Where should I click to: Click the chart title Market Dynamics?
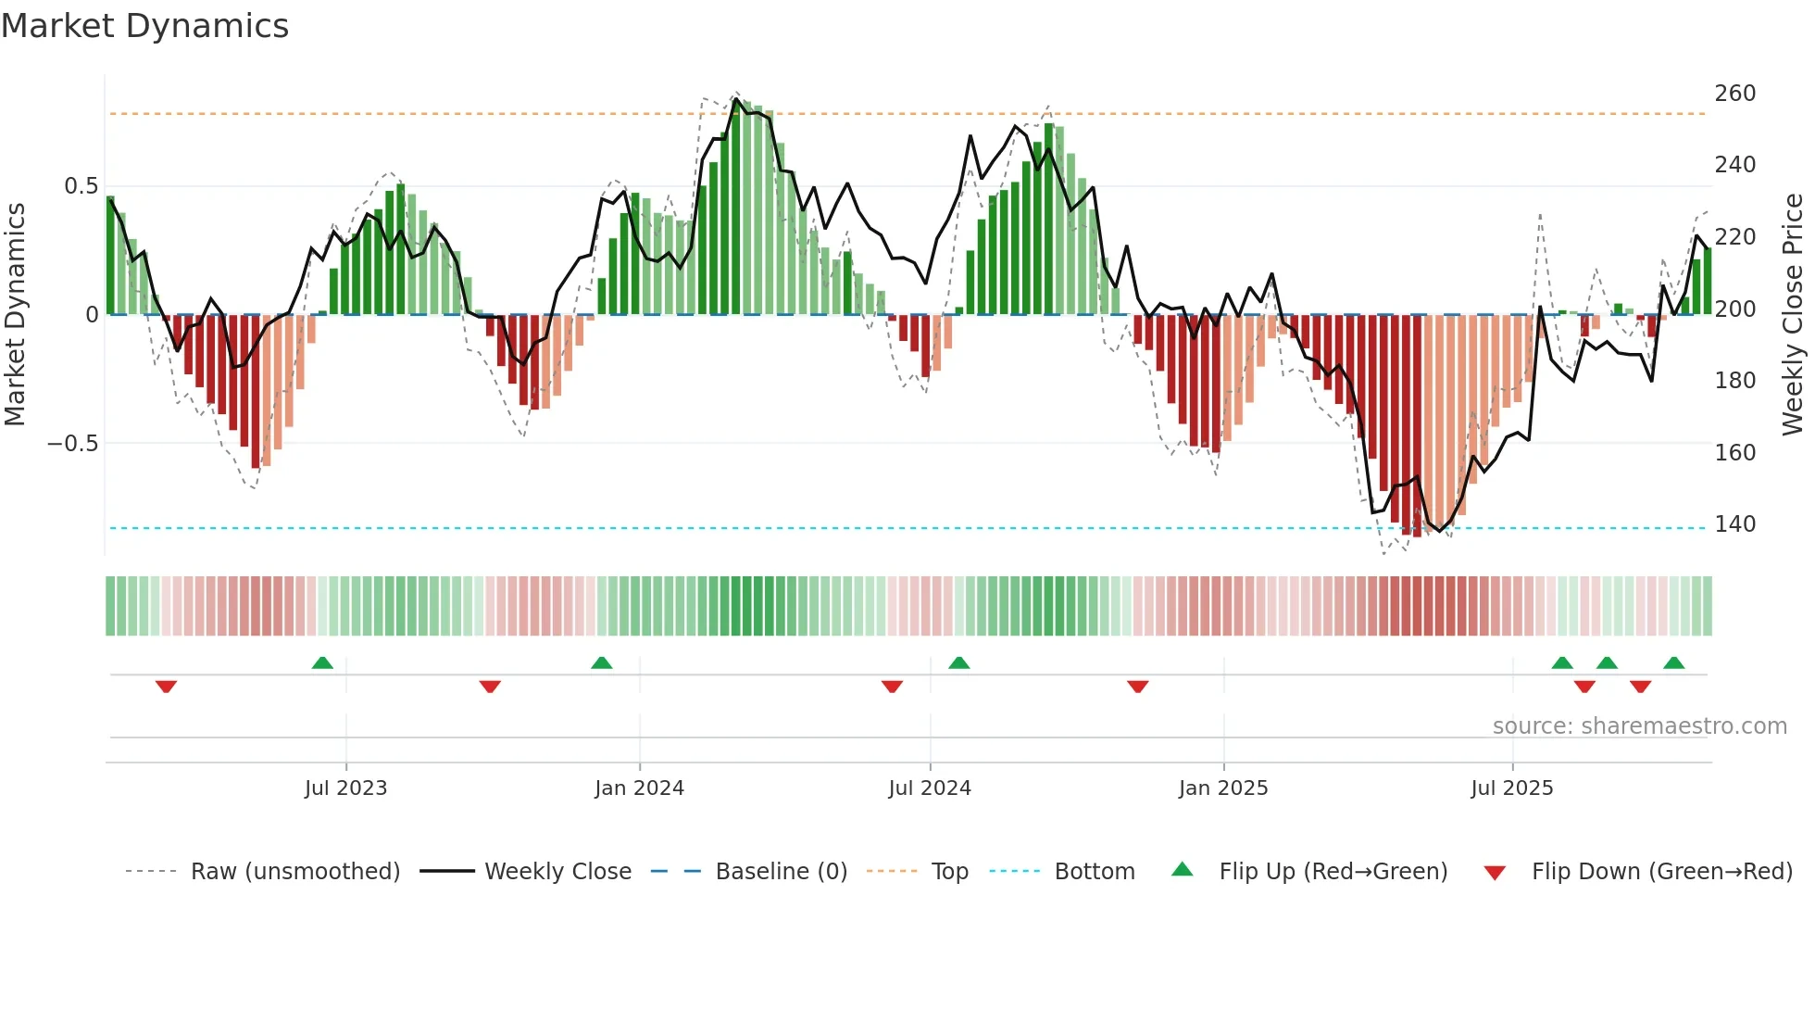(144, 26)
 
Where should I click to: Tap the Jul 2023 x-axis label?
(345, 788)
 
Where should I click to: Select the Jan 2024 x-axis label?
(639, 788)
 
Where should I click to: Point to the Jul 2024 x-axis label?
(930, 788)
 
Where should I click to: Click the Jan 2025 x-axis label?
(1223, 788)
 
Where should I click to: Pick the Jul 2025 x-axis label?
(1512, 788)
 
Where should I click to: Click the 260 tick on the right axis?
(1734, 94)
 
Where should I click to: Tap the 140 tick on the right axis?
(1734, 524)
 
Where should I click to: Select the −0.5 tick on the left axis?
(73, 444)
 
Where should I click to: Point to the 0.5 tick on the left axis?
(81, 186)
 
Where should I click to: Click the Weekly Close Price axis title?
(1794, 315)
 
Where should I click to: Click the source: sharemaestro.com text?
(1639, 726)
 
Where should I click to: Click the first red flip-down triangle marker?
(166, 687)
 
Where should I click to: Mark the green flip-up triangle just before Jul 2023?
(322, 663)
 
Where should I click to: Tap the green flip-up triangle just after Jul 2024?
(958, 663)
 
